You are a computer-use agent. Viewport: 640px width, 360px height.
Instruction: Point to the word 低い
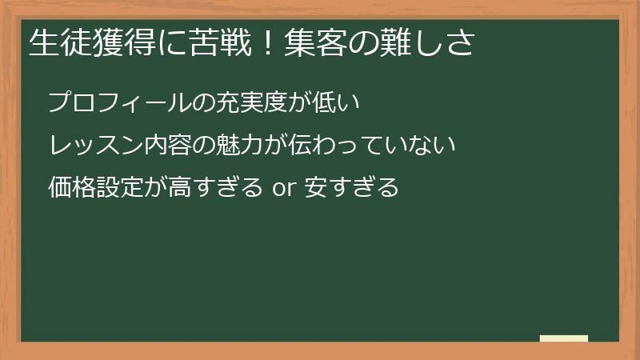point(345,103)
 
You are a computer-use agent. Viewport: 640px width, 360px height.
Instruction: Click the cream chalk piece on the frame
point(564,338)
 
